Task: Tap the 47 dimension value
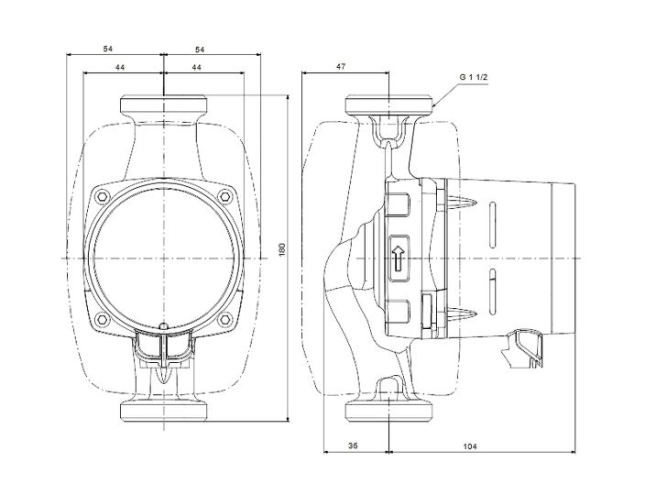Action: tap(341, 68)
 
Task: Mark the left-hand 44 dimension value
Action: tap(121, 68)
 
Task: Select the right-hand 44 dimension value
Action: tap(197, 68)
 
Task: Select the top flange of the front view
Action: tap(163, 104)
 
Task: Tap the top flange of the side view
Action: tap(390, 104)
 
